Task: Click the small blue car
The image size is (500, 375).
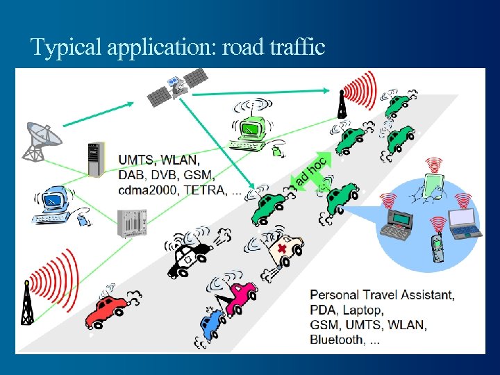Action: point(212,321)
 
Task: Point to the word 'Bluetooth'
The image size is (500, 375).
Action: point(336,340)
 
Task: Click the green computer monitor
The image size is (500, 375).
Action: point(249,129)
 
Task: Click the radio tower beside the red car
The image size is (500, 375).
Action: point(28,304)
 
